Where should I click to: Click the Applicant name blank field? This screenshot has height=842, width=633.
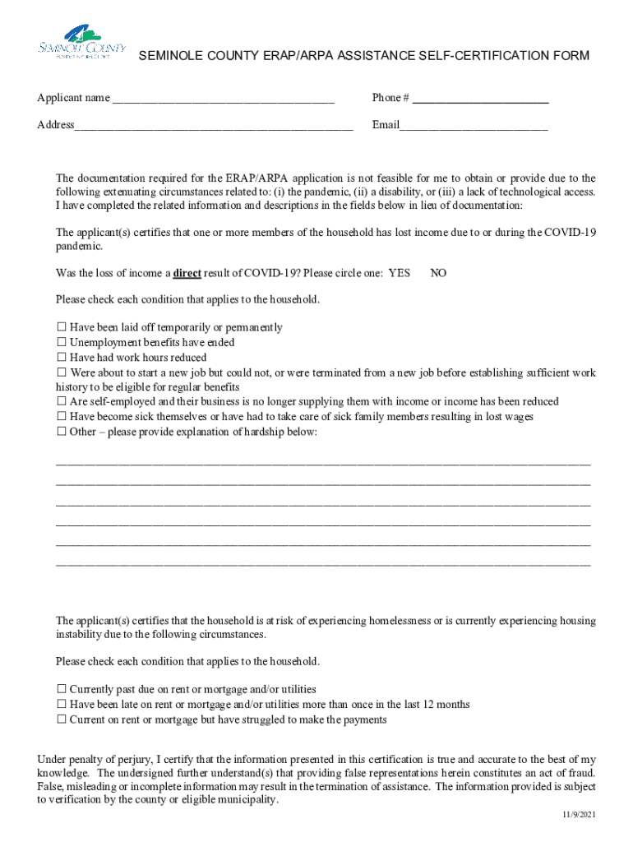(x=223, y=99)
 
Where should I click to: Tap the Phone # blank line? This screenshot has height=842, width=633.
(x=480, y=99)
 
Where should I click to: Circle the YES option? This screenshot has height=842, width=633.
(x=399, y=273)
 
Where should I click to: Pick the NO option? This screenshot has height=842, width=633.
(x=439, y=273)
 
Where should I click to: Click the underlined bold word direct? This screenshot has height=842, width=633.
(x=187, y=273)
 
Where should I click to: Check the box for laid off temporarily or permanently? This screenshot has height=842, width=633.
(x=62, y=328)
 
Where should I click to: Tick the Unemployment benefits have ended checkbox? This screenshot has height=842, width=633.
(x=62, y=343)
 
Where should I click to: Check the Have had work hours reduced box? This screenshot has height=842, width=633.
(x=62, y=358)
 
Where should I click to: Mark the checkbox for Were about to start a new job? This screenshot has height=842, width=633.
(x=62, y=373)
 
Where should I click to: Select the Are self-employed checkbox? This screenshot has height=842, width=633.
(x=62, y=402)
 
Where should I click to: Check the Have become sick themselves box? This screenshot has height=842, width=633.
(x=62, y=417)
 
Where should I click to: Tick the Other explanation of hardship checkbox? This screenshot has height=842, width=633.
(x=62, y=433)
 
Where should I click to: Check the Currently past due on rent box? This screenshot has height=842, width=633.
(x=62, y=690)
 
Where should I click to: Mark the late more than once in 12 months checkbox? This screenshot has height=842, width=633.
(x=62, y=705)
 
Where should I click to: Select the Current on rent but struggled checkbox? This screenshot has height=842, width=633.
(x=62, y=720)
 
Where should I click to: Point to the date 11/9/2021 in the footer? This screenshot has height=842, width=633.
(x=580, y=814)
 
